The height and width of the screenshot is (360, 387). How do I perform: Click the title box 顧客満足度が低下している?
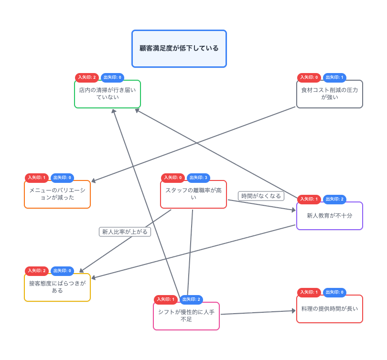179,49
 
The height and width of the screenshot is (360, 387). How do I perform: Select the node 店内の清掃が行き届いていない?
107,94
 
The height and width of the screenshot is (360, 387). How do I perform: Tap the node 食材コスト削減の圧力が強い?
329,94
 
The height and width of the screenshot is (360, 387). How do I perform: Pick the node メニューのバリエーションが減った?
57,194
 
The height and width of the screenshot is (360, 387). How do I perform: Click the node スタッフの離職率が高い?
193,194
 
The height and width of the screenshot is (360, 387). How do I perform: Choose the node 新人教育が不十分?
329,216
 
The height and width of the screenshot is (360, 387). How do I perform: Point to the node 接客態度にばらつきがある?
57,287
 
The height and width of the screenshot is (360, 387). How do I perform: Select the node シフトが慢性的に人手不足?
186,316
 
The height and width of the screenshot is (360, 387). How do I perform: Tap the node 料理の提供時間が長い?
329,309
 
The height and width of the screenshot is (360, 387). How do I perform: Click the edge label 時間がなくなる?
261,196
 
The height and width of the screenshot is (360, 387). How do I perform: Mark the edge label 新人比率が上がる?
125,232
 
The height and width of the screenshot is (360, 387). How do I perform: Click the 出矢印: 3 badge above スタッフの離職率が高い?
198,178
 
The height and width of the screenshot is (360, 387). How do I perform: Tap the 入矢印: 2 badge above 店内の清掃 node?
87,77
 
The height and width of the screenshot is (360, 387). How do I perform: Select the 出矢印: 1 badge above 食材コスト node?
334,77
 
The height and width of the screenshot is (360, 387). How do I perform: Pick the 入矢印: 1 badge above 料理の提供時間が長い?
309,292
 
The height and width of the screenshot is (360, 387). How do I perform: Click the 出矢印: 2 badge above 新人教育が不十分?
334,199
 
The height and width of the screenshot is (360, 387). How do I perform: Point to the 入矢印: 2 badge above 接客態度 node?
37,271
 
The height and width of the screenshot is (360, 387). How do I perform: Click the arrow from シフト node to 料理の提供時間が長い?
258,312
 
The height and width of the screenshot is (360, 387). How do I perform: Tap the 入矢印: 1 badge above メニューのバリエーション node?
37,178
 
